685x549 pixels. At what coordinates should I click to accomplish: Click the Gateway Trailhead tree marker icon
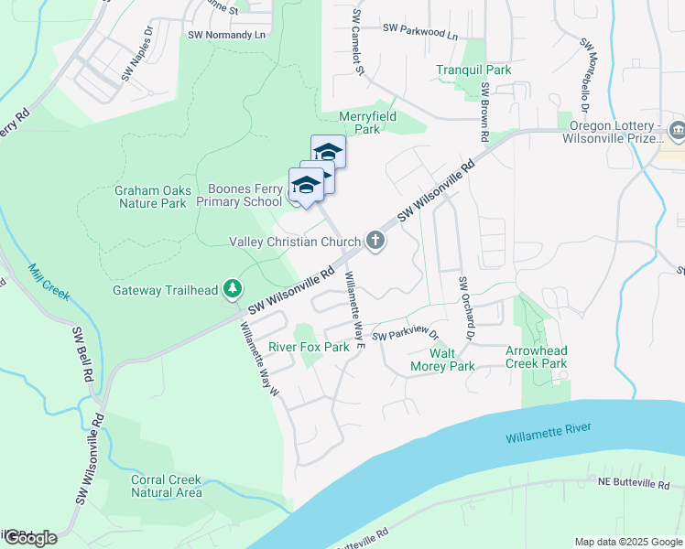(233, 290)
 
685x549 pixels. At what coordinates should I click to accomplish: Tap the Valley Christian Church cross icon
(374, 242)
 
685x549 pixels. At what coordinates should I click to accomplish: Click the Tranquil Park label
(473, 70)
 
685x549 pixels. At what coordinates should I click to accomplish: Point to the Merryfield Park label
(359, 123)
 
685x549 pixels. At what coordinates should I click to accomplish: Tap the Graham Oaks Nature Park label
(153, 197)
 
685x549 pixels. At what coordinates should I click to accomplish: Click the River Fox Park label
(309, 347)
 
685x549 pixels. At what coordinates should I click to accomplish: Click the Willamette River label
(549, 434)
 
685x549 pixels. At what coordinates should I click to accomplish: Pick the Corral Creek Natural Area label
(166, 486)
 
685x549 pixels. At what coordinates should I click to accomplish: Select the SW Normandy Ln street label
(225, 35)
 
